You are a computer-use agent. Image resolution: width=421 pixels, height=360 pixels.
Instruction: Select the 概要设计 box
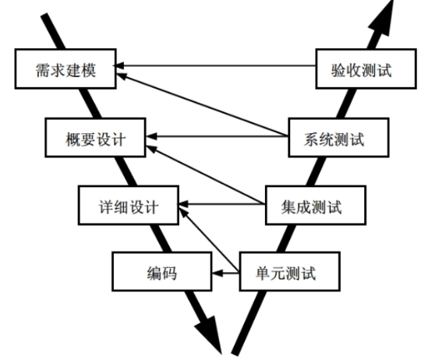95,139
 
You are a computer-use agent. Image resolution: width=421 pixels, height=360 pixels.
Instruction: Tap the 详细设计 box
130,206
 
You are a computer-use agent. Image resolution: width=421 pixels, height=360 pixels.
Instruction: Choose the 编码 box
161,273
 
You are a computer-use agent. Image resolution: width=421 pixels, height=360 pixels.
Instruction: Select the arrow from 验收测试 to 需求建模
218,65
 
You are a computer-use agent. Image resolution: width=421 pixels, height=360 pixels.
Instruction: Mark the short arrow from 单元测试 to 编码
226,273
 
